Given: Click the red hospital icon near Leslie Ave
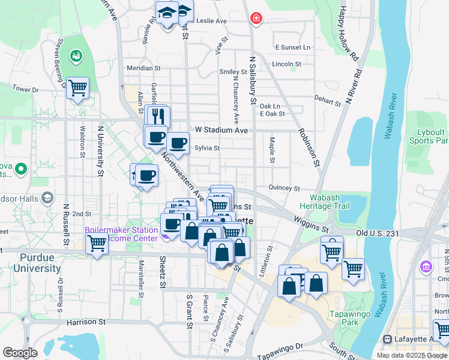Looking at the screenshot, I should point(256,19).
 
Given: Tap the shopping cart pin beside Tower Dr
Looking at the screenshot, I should point(78,88).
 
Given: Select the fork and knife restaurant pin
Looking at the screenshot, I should point(158,116).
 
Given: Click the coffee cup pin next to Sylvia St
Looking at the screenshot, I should point(178,143).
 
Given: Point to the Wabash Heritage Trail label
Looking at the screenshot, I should point(328,202).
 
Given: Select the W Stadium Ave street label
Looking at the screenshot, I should point(221,130).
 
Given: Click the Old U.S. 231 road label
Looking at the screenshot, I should point(377,233).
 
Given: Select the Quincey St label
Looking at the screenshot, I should point(284,188).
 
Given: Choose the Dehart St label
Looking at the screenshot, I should point(327,100).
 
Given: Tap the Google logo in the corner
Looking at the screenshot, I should point(20,353).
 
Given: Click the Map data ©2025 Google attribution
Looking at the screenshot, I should point(412,355).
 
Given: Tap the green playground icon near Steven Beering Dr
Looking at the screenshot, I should point(76,56).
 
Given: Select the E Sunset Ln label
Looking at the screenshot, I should point(293,47).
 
